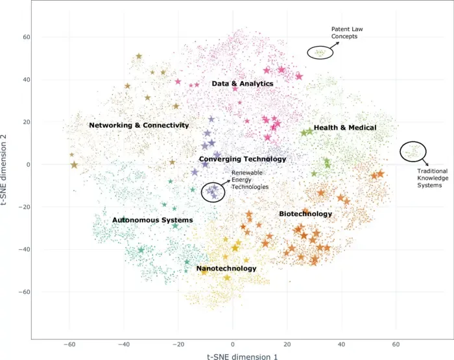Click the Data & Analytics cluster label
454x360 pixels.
(243, 84)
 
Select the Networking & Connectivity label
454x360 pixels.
(139, 125)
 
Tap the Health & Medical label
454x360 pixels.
(345, 128)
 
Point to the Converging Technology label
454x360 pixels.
(243, 159)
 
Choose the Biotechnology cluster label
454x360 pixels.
(305, 214)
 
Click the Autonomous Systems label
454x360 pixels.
(152, 220)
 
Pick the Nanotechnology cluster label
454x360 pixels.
(226, 269)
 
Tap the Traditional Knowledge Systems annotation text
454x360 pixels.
(433, 178)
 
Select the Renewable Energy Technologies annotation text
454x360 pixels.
(250, 180)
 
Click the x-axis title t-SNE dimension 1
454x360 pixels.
(243, 356)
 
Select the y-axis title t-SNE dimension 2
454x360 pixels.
(4, 170)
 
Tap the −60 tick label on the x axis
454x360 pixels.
(69, 344)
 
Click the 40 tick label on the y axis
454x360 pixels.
(27, 80)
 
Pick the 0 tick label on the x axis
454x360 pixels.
(232, 344)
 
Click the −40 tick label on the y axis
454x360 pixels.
(25, 249)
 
